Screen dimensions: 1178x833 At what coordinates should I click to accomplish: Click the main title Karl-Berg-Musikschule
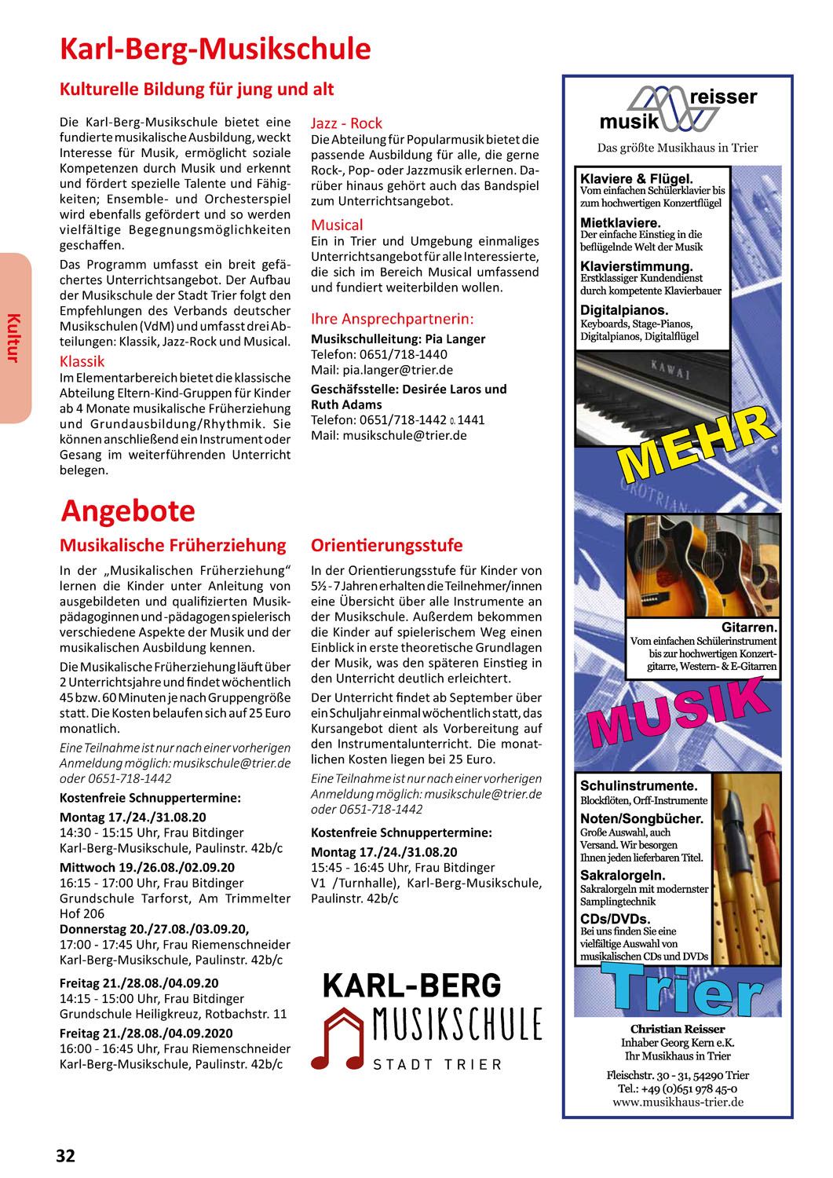(x=215, y=49)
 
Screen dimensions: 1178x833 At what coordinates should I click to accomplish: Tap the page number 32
(x=65, y=1155)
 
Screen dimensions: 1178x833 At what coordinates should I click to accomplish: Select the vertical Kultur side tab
(x=13, y=338)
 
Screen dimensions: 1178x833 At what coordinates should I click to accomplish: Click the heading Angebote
(x=128, y=511)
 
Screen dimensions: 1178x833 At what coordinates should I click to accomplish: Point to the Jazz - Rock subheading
(x=346, y=123)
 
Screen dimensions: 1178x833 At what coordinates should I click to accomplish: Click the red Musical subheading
(x=337, y=225)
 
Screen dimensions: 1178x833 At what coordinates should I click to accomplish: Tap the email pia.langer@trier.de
(x=382, y=370)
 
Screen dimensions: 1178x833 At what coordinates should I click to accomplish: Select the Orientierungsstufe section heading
(x=387, y=545)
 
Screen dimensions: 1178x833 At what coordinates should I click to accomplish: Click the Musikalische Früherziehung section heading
(x=174, y=545)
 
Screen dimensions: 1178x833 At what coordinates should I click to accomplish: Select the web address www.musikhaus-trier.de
(x=678, y=1102)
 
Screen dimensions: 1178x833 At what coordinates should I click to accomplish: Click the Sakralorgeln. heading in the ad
(x=623, y=875)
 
